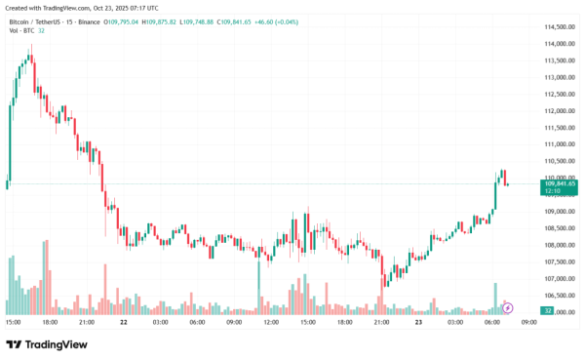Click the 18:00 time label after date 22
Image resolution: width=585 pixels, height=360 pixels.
[344, 322]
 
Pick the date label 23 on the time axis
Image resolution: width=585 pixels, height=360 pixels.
[418, 322]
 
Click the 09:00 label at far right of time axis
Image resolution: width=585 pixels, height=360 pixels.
[528, 322]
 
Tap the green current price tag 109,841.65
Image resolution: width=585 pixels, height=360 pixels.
[560, 183]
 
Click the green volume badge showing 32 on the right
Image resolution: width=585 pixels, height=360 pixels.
[549, 311]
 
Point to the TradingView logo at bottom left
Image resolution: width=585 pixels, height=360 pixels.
[47, 344]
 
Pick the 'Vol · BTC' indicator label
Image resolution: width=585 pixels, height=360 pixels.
[21, 32]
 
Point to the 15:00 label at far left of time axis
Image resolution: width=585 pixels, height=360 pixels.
[13, 322]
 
